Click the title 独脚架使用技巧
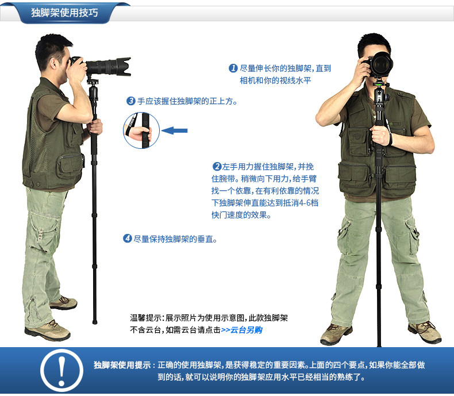(x=64, y=13)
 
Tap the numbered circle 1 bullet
(x=233, y=68)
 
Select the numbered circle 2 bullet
(x=217, y=167)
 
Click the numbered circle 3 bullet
(x=131, y=101)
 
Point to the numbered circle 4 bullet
(x=128, y=239)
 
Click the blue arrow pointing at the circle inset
(x=174, y=130)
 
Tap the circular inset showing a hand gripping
(x=141, y=130)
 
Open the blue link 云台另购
(x=246, y=330)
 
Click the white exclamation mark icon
(x=61, y=371)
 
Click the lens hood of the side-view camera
(x=124, y=67)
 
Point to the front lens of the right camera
(x=383, y=64)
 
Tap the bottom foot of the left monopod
(x=95, y=322)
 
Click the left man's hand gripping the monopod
(x=95, y=127)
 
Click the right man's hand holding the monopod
(x=380, y=135)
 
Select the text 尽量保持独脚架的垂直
(x=175, y=239)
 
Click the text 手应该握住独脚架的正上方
(x=186, y=101)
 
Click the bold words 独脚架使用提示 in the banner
(x=122, y=365)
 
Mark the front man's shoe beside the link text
(x=336, y=335)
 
